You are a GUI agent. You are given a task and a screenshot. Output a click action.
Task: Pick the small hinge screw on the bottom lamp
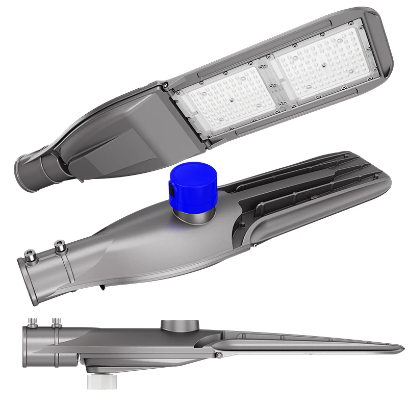(218, 354)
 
